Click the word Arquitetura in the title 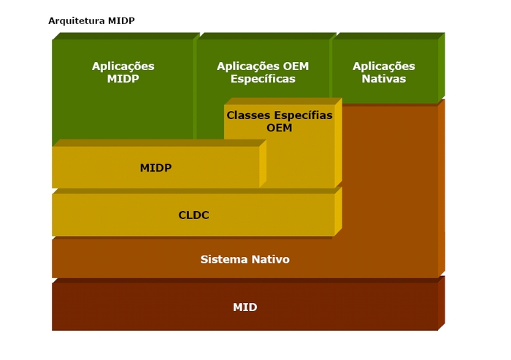[77, 21]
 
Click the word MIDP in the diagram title [121, 21]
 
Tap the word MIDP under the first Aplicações [123, 79]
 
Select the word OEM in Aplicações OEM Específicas [296, 66]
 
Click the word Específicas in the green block [263, 79]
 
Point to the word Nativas [384, 79]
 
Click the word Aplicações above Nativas [384, 66]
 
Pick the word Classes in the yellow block [249, 115]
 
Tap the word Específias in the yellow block [303, 116]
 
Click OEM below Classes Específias [280, 128]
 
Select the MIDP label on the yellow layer [155, 168]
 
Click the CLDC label [193, 215]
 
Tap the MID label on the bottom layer [245, 307]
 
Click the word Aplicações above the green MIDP [123, 66]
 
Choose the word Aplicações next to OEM [248, 66]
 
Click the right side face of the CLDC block [338, 211]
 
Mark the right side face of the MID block [442, 303]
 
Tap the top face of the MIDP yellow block [159, 143]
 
